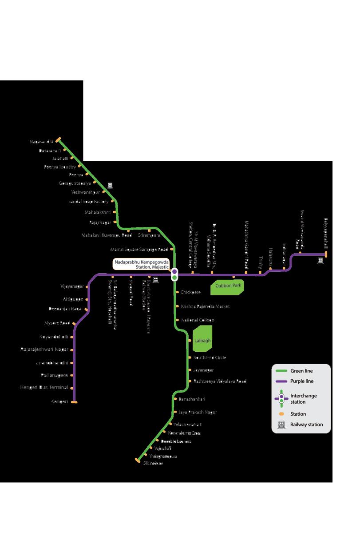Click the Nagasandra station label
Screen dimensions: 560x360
tap(41, 142)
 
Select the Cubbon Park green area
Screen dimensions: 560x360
tap(229, 286)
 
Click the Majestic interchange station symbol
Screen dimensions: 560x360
tap(174, 274)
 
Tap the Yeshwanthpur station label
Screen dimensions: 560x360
tap(86, 192)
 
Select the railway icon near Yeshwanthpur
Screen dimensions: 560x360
tap(110, 186)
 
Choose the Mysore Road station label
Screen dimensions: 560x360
tap(57, 323)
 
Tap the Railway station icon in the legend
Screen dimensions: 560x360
tap(281, 425)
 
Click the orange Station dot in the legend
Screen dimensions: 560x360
tap(281, 414)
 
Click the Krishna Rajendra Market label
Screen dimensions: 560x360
tap(205, 306)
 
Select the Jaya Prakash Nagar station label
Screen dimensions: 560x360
tap(198, 412)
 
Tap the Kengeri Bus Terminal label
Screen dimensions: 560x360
tap(44, 387)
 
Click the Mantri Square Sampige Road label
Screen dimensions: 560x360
tap(139, 249)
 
